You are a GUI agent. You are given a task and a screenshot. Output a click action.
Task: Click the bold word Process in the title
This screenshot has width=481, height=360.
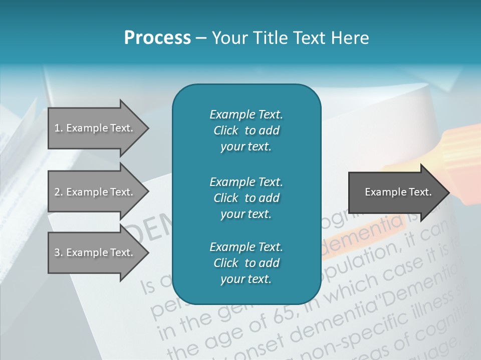tap(157, 38)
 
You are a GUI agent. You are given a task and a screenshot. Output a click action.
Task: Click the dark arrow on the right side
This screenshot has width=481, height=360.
tap(396, 192)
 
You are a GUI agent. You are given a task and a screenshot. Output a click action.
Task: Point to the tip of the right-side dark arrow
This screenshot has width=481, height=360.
tap(448, 192)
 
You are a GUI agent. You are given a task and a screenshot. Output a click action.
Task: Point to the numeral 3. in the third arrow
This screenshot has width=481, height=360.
tap(58, 252)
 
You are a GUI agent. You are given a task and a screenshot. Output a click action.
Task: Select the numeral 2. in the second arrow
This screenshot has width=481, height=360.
tap(58, 192)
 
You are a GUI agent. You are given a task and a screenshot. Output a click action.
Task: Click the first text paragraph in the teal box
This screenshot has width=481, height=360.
tap(246, 130)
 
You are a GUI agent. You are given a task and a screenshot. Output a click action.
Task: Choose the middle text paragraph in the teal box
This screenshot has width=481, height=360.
tap(246, 198)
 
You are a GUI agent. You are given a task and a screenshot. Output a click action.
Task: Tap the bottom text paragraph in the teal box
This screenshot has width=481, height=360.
tap(246, 263)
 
